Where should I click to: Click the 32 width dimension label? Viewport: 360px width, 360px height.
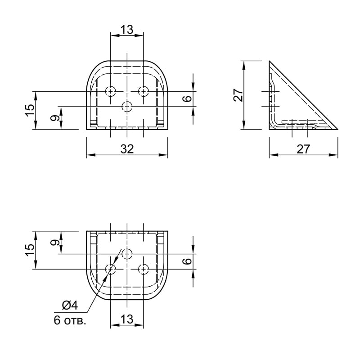click(x=127, y=149)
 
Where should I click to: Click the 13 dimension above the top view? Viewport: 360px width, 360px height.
click(x=127, y=30)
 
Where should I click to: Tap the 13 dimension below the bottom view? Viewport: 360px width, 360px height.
click(x=127, y=319)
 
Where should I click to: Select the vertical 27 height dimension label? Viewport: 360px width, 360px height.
click(x=238, y=95)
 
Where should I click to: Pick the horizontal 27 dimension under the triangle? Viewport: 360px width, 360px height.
click(x=303, y=149)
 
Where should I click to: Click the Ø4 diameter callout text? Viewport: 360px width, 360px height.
click(x=70, y=306)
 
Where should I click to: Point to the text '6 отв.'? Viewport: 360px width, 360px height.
click(x=70, y=320)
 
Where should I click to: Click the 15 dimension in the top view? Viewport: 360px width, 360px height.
click(x=30, y=110)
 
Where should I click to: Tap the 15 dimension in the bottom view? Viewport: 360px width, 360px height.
click(x=30, y=250)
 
